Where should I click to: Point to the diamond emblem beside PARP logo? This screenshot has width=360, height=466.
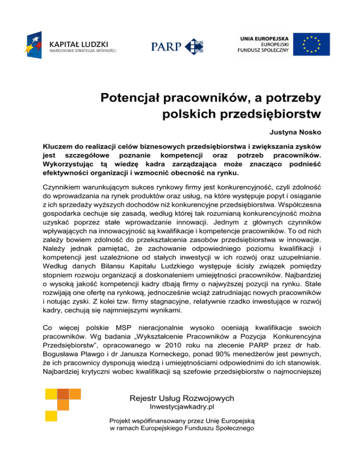click(x=194, y=45)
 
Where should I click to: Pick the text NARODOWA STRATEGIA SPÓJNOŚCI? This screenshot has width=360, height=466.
click(x=82, y=50)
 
